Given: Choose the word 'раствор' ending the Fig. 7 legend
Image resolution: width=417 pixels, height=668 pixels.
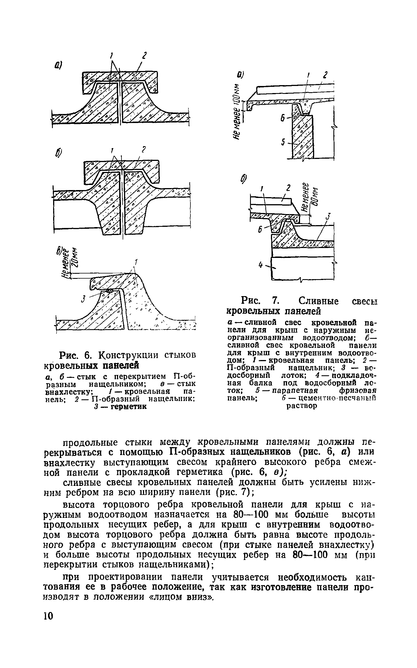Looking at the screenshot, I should tap(302, 406).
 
